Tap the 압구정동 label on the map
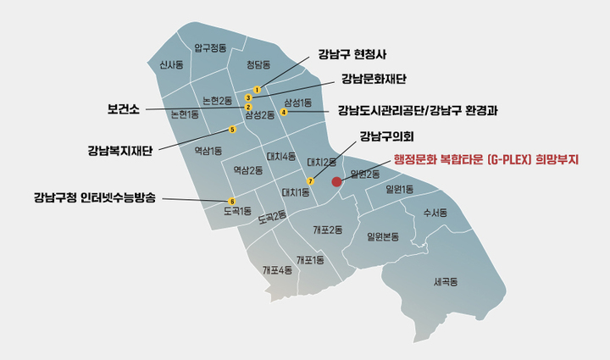(x=210, y=48)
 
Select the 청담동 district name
(x=258, y=64)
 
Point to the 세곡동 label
(x=444, y=281)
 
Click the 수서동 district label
(x=435, y=213)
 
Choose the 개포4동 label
(x=277, y=270)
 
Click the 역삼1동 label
(x=208, y=151)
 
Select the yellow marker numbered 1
(x=257, y=90)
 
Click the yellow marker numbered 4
(x=284, y=113)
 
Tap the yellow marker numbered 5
(x=232, y=130)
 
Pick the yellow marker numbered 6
(x=232, y=201)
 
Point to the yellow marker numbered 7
(x=311, y=181)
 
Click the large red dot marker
(x=336, y=181)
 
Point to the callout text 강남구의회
(x=385, y=136)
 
